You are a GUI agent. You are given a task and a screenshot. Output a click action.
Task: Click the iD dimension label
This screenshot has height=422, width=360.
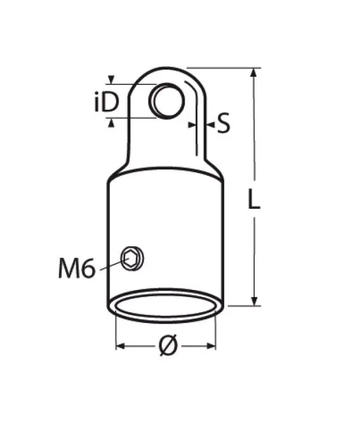click(106, 102)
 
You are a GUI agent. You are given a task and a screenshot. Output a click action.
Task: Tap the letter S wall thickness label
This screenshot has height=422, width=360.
click(223, 123)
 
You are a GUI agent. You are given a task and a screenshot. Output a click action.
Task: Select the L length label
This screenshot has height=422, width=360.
click(253, 200)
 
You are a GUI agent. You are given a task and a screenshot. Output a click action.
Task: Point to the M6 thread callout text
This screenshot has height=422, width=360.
click(76, 269)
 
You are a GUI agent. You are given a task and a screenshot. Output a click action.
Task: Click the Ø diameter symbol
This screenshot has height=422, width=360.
click(166, 346)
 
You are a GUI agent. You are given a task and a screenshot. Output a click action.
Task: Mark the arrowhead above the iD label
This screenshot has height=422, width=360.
click(112, 80)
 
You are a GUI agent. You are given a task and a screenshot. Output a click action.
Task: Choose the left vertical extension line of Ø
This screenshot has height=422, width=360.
click(116, 330)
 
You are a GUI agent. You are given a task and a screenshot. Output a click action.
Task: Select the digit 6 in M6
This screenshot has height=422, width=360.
click(88, 269)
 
